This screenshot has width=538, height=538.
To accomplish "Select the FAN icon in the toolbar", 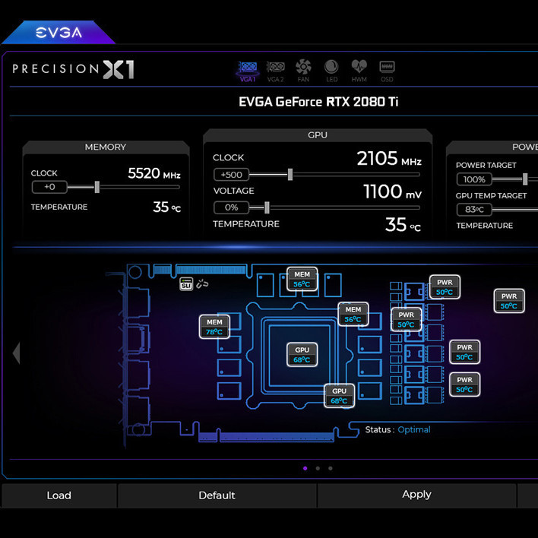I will pyautogui.click(x=303, y=70).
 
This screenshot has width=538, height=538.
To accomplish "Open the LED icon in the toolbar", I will pyautogui.click(x=331, y=70).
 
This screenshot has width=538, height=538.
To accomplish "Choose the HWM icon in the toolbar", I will pyautogui.click(x=359, y=70).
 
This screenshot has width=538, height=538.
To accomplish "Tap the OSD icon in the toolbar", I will pyautogui.click(x=387, y=70).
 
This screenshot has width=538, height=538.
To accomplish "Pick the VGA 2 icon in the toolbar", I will pyautogui.click(x=275, y=70).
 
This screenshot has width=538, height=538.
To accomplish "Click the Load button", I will pyautogui.click(x=59, y=495).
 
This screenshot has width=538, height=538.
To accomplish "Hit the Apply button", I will pyautogui.click(x=416, y=495).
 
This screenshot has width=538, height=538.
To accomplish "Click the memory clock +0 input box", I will pyautogui.click(x=49, y=187).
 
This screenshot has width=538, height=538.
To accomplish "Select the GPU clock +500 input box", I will pyautogui.click(x=231, y=175).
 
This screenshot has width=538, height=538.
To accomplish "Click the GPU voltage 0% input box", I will pyautogui.click(x=231, y=207).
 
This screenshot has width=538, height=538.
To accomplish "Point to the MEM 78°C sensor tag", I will pyautogui.click(x=214, y=327).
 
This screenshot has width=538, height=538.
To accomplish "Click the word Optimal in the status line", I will pyautogui.click(x=414, y=430).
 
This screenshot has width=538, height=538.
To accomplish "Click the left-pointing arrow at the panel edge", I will pyautogui.click(x=16, y=353).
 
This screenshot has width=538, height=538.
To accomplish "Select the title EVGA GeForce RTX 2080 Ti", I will pyautogui.click(x=318, y=102).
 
